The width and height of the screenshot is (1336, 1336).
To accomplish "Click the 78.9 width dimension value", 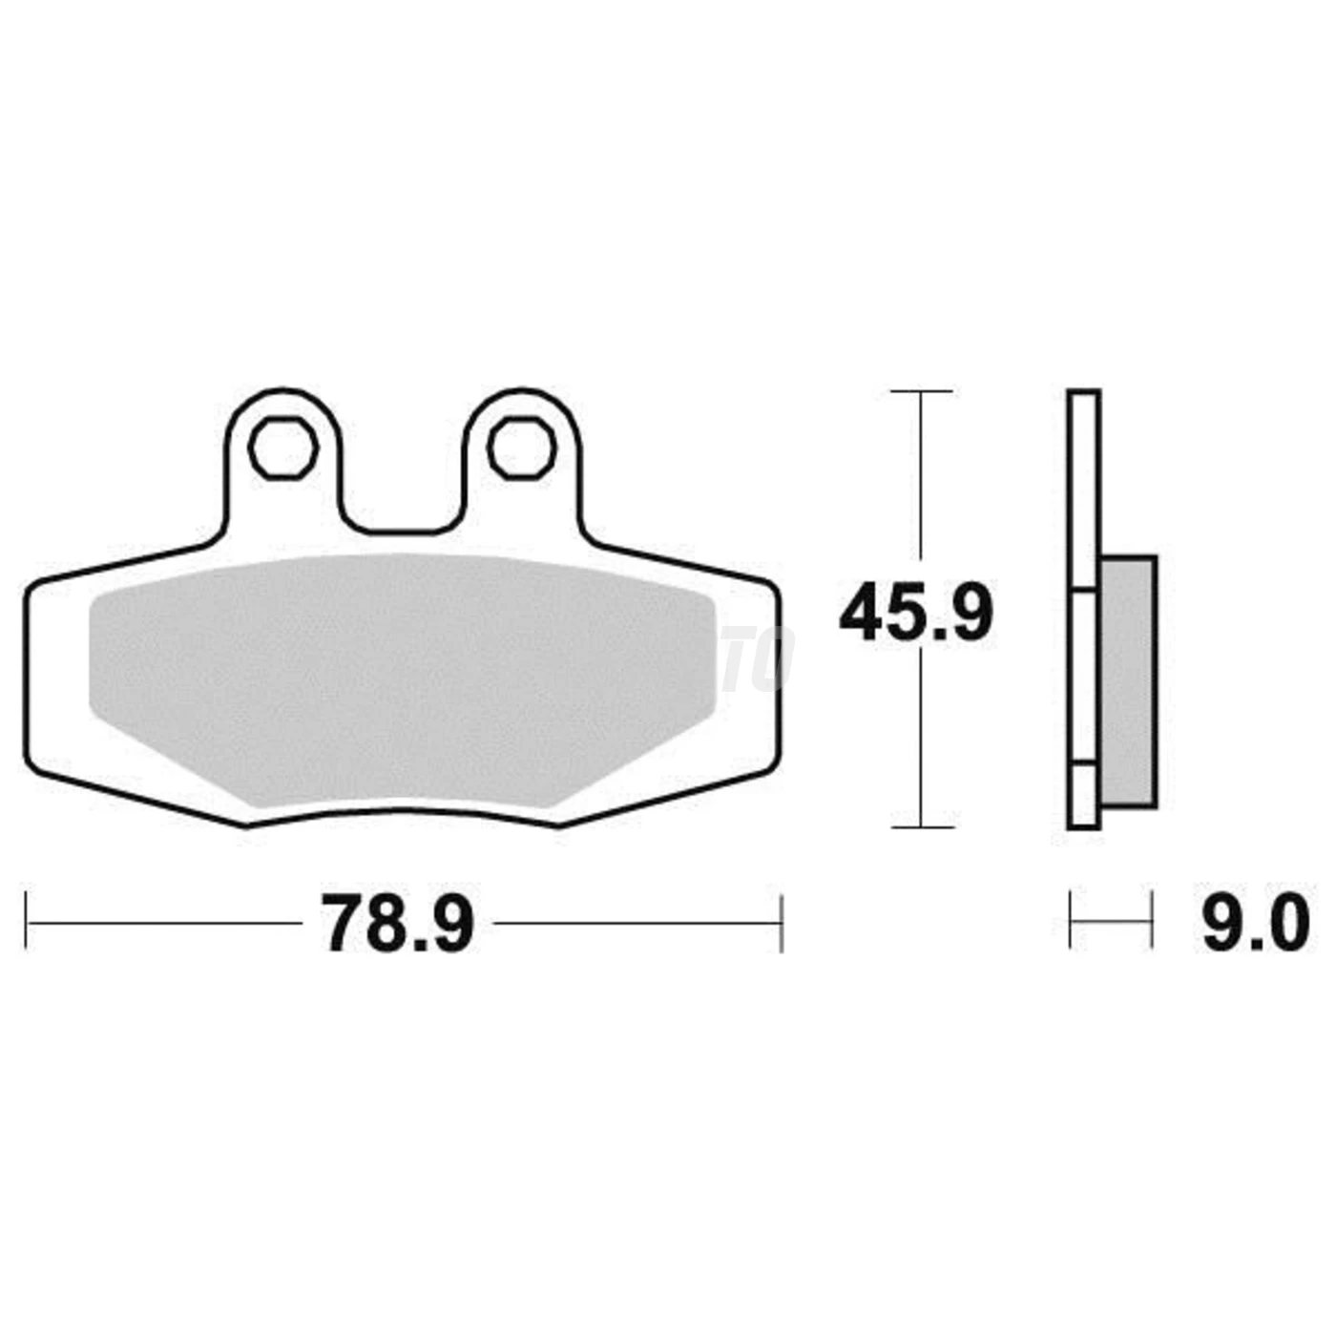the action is coord(397,924).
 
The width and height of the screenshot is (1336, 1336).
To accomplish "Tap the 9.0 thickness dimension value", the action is coord(1256,924).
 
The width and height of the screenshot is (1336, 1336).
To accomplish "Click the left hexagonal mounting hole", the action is coord(283,448).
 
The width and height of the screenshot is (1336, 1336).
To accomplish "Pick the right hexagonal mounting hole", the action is coord(522,448).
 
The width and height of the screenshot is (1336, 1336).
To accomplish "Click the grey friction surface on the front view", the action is coord(402,679).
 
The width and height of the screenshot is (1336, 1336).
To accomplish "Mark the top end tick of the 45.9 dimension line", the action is coord(921,391).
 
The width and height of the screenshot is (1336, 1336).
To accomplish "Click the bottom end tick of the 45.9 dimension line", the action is coord(922,827).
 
